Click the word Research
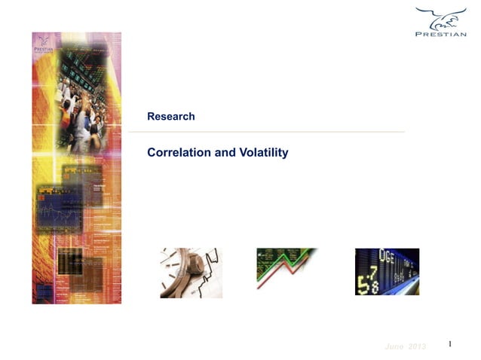click(171, 117)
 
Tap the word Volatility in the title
click(264, 153)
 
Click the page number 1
click(449, 344)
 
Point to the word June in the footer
click(394, 346)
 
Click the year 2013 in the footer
click(417, 346)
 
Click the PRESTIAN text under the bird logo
click(441, 34)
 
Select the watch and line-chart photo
click(191, 273)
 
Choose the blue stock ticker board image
click(387, 272)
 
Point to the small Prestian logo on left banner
click(42, 47)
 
